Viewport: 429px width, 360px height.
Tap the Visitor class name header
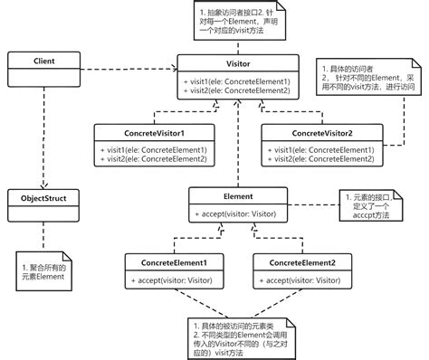(x=235, y=64)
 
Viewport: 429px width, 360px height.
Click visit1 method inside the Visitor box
(x=235, y=81)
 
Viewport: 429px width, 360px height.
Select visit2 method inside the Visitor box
(x=235, y=91)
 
